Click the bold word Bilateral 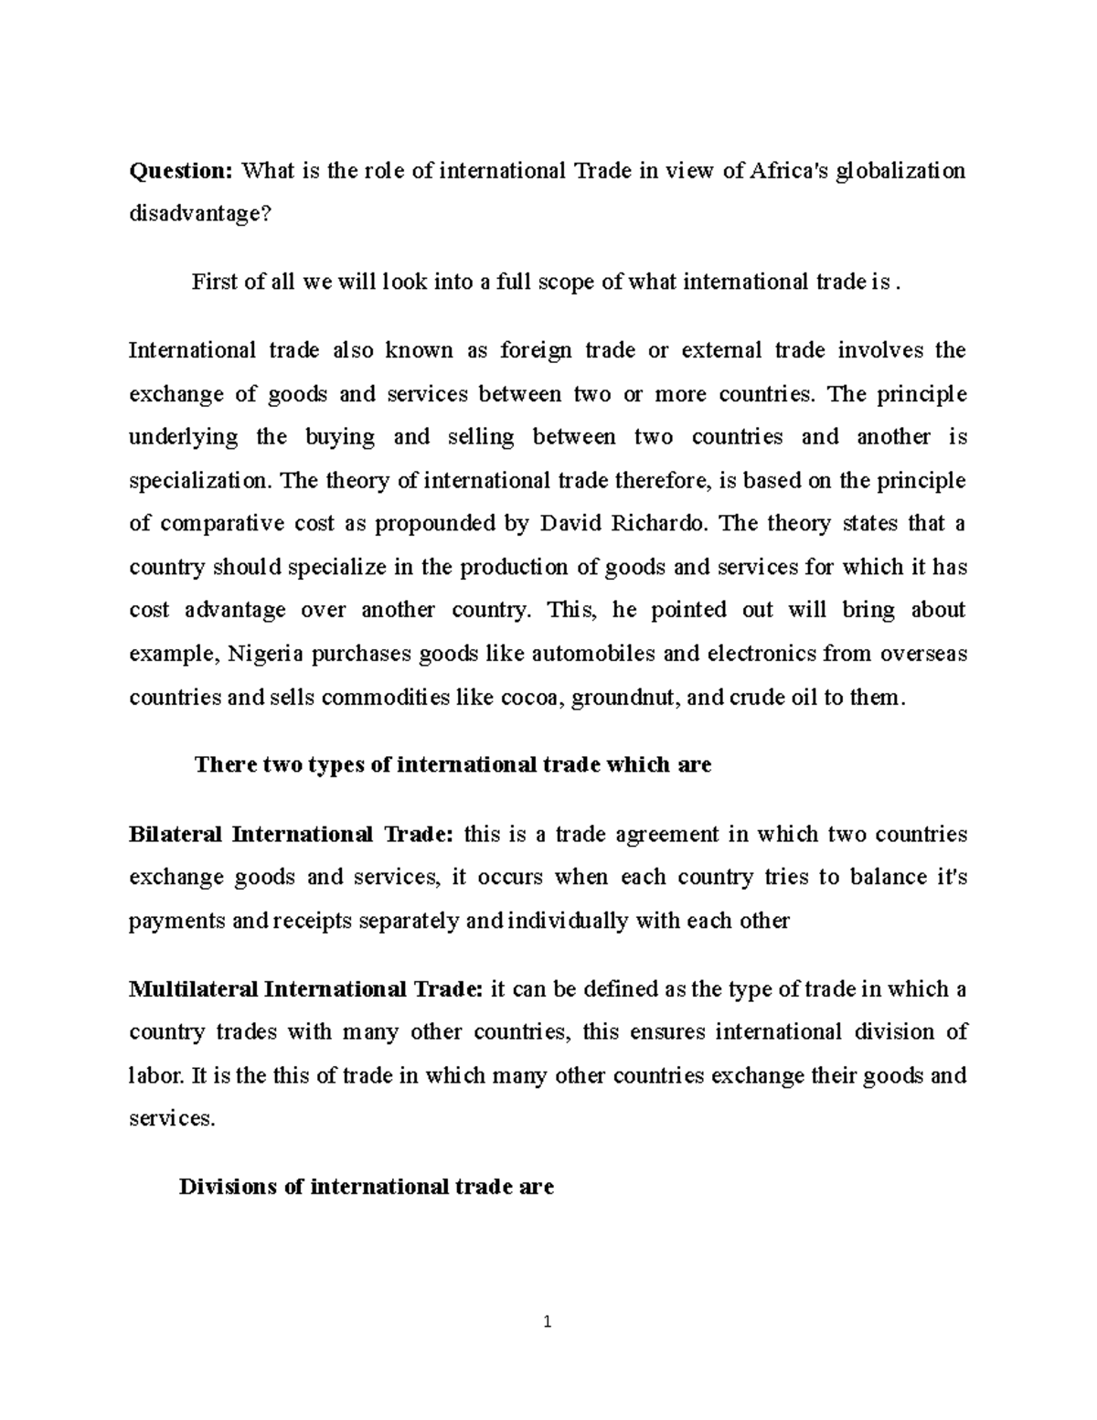tap(176, 834)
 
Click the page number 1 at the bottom tap(548, 1321)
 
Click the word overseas tap(922, 654)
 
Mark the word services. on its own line tap(173, 1118)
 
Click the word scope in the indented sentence tap(561, 283)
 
